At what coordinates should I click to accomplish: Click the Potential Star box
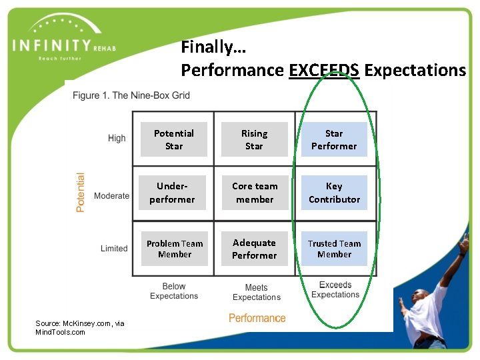(x=173, y=139)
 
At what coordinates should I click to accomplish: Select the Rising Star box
(x=254, y=139)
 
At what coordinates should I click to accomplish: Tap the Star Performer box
(x=334, y=139)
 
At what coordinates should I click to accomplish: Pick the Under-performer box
(x=173, y=193)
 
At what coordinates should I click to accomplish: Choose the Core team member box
(x=254, y=193)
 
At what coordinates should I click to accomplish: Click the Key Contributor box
(x=334, y=193)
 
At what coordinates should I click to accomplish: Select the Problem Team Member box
(x=174, y=249)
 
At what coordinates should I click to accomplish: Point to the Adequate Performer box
(x=254, y=249)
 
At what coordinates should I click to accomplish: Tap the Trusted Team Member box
(x=334, y=249)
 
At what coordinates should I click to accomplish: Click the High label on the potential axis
(x=117, y=138)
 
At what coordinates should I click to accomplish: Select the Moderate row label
(x=111, y=196)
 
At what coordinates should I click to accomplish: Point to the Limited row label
(x=114, y=249)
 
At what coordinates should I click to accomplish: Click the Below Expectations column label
(x=174, y=291)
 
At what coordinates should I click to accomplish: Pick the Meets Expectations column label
(x=257, y=293)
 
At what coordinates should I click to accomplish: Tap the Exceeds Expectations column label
(x=335, y=290)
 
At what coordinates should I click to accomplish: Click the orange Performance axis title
(x=257, y=318)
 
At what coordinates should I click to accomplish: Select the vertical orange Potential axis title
(x=81, y=192)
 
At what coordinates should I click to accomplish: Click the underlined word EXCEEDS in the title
(x=324, y=70)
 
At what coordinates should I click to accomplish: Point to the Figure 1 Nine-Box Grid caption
(x=131, y=95)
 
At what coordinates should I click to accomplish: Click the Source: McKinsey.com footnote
(x=79, y=327)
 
